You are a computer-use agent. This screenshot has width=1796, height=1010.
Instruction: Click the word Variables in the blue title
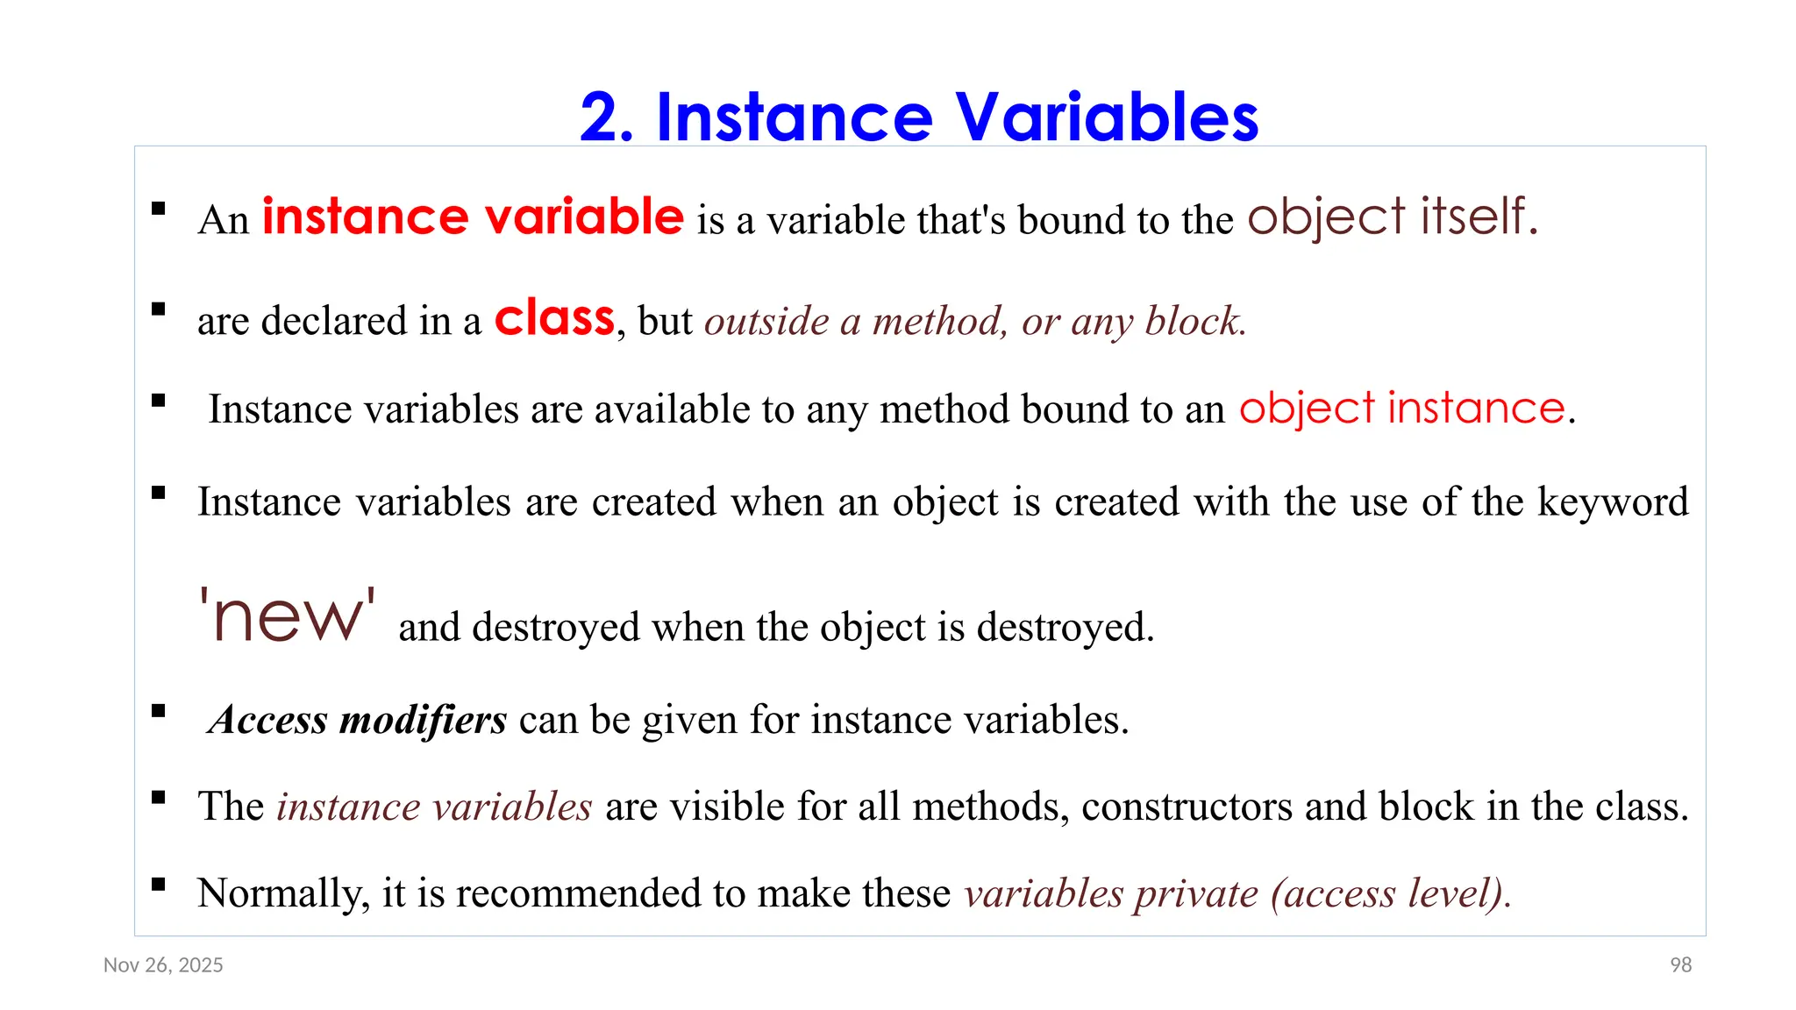[x=1107, y=117]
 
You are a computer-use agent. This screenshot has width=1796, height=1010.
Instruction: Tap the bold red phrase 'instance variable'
[x=473, y=217]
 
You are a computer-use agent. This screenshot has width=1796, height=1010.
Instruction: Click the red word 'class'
[x=554, y=317]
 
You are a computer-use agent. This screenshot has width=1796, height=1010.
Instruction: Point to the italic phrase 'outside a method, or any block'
[x=975, y=321]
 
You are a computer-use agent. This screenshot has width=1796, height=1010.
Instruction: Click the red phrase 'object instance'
[x=1401, y=408]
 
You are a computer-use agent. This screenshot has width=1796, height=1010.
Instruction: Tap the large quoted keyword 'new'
[x=287, y=615]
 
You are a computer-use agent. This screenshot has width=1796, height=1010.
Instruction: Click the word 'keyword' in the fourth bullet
[x=1613, y=501]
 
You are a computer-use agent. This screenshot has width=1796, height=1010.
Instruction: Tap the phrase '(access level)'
[x=1389, y=893]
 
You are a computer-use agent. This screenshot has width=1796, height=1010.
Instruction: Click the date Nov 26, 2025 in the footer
[x=163, y=965]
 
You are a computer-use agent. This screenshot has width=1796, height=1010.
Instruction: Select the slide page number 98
[x=1680, y=965]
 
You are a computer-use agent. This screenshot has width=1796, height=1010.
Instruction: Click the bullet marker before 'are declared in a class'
[x=159, y=309]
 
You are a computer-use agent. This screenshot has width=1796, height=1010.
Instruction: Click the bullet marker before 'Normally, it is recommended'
[x=159, y=884]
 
